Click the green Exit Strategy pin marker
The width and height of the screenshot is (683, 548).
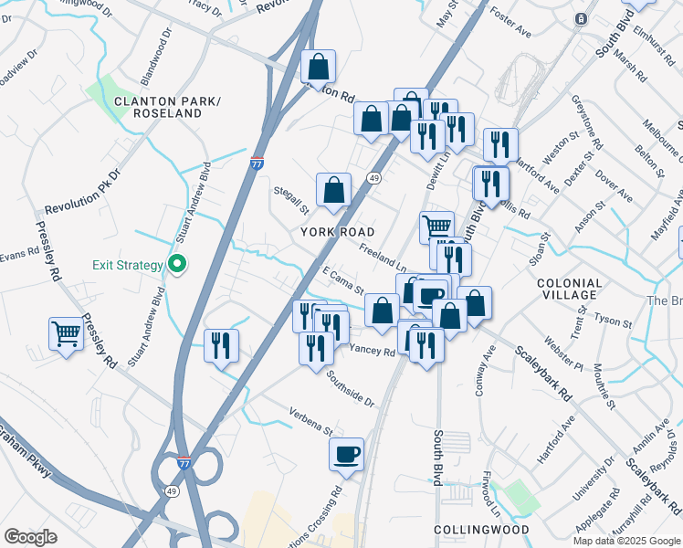coord(179,266)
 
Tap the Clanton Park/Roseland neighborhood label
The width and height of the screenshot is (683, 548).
coord(166,107)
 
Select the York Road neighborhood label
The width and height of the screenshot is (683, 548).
coord(338,232)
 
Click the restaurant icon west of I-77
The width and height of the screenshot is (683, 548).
coord(221,345)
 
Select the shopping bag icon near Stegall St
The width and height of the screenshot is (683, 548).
coord(334,190)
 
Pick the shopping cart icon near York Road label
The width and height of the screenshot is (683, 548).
coord(436,226)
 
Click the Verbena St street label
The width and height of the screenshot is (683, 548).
coord(311,420)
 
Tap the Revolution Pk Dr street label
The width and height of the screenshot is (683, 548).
coord(82,191)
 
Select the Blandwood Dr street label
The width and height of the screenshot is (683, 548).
coord(157,54)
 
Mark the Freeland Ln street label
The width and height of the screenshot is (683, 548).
coord(382,250)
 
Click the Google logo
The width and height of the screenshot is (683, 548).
coord(30,537)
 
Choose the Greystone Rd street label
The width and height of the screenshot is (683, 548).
coord(586,124)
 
